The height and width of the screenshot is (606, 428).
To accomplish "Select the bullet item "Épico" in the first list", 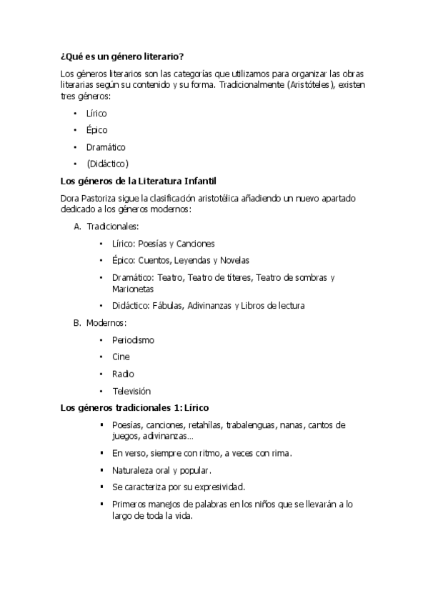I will (96, 130).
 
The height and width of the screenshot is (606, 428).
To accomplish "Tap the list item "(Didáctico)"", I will (107, 164).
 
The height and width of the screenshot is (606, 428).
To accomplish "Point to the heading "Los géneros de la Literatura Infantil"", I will (139, 181).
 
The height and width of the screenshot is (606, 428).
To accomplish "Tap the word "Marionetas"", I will (133, 289).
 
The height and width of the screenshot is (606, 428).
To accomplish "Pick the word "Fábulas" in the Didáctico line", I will (168, 306).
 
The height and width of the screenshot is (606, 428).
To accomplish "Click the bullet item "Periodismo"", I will (133, 340).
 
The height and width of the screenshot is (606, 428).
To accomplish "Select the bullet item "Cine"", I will (121, 357).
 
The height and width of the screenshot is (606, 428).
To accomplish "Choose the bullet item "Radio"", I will (123, 374).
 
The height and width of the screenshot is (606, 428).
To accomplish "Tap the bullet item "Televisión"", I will (131, 392).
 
